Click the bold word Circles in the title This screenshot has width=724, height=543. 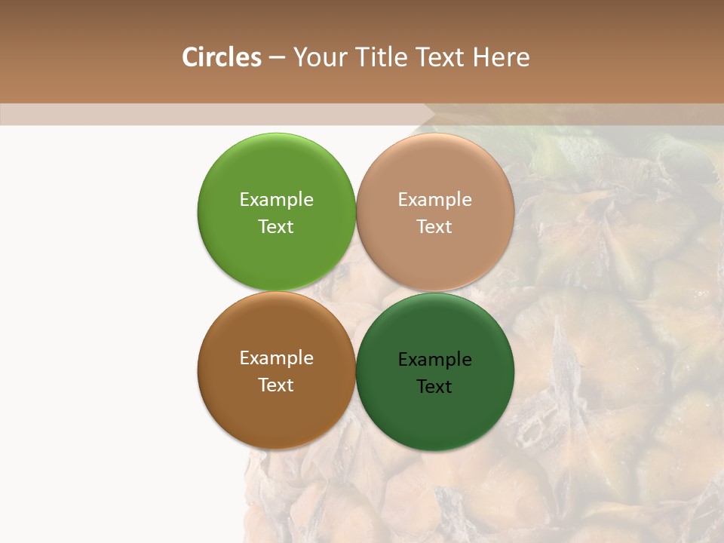[221, 57]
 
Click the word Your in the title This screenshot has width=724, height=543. [320, 58]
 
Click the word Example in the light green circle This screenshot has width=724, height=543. [276, 200]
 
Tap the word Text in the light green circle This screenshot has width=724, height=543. [276, 227]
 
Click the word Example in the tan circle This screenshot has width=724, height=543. [434, 200]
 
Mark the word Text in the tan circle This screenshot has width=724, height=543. [434, 227]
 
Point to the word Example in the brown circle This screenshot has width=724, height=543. [276, 358]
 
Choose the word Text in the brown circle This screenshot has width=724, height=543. [276, 385]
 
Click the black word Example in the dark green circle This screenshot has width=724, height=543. [434, 360]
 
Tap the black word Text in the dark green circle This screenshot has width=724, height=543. [434, 387]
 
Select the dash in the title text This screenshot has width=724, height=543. [276, 58]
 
